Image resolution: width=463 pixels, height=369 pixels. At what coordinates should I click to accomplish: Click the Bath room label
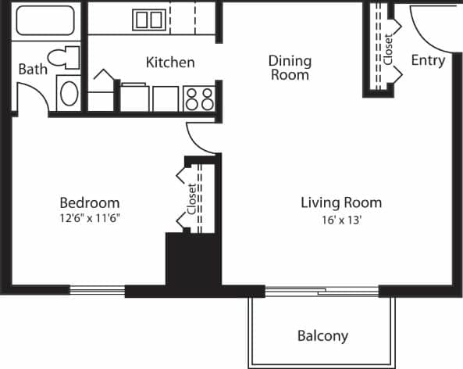(x=33, y=69)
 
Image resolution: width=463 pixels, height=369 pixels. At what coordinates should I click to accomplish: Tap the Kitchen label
(x=170, y=62)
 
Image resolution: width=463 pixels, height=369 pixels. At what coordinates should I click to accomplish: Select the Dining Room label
(x=290, y=67)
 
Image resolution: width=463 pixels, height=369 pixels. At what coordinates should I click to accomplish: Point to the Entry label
(x=428, y=60)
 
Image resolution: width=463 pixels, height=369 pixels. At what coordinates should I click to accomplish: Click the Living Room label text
(x=341, y=202)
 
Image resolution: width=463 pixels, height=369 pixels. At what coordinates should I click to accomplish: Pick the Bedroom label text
(x=89, y=202)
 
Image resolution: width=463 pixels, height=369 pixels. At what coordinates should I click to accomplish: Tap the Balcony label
(x=322, y=336)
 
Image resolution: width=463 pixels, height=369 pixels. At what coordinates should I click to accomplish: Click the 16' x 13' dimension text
(x=341, y=220)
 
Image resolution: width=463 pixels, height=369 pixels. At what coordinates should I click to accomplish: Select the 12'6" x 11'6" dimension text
(x=89, y=218)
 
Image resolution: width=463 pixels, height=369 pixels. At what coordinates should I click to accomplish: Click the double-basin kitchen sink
(x=148, y=20)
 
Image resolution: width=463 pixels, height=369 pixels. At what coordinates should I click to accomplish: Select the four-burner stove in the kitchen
(x=199, y=99)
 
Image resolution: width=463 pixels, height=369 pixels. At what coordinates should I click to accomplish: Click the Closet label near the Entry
(x=388, y=48)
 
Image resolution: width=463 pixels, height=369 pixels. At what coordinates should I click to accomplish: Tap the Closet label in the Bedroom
(x=191, y=199)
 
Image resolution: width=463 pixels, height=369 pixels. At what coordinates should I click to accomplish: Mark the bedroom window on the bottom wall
(x=97, y=289)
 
